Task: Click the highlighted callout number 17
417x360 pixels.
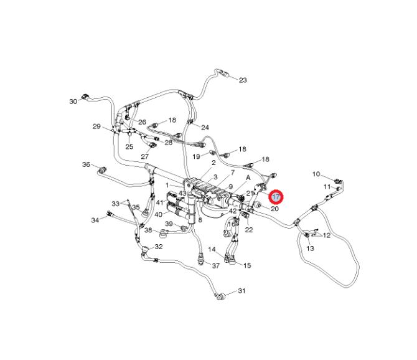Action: pos(276,197)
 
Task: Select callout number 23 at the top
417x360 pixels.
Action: pos(243,80)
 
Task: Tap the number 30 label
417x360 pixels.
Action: pos(73,102)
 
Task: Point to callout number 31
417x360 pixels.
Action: pos(241,291)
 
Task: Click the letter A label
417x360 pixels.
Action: pos(248,178)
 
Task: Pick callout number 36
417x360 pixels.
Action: pos(86,164)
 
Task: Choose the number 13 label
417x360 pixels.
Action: pos(310,249)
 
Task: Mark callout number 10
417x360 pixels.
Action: pos(316,174)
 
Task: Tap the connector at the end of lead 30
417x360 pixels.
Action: pos(86,97)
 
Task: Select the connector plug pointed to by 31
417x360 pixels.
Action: pos(220,296)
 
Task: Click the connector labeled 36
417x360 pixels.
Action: pos(102,170)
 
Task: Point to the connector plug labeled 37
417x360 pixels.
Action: pos(201,260)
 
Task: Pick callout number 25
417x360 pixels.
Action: pos(129,146)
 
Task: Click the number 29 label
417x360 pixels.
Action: pos(96,126)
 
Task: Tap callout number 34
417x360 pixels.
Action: pos(95,220)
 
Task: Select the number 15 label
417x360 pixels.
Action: pos(247,265)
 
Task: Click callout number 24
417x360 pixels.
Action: pos(205,128)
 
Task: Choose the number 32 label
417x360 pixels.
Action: pos(159,247)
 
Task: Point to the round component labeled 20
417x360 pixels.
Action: pos(258,206)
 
